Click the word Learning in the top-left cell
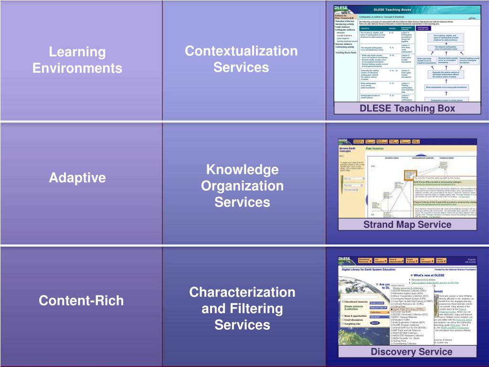click(x=77, y=52)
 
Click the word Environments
click(x=77, y=68)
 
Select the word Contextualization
click(x=241, y=51)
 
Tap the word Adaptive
click(x=77, y=178)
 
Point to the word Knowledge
click(x=242, y=169)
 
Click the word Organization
click(x=242, y=186)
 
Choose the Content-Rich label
click(x=77, y=301)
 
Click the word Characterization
click(x=242, y=292)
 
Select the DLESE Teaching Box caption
click(x=407, y=108)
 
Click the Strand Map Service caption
click(x=407, y=225)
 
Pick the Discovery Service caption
click(x=411, y=352)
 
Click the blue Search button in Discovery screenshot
click(x=375, y=323)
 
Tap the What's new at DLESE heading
click(x=428, y=275)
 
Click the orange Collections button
click(x=375, y=312)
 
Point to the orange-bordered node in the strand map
click(x=408, y=174)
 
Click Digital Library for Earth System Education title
click(x=378, y=269)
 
